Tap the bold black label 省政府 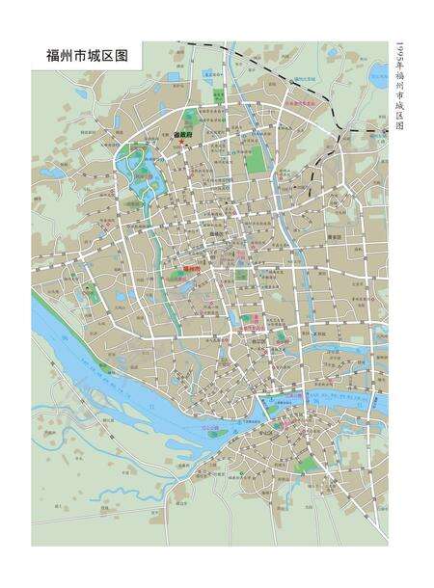pyautogui.click(x=185, y=135)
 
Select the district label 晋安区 pyautogui.click(x=335, y=236)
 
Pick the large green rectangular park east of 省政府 pyautogui.click(x=256, y=159)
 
